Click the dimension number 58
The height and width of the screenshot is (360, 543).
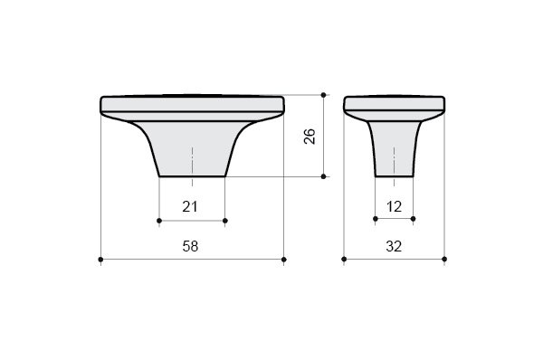tap(190, 246)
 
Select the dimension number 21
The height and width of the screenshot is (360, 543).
tap(190, 206)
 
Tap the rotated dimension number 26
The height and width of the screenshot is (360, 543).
tap(310, 136)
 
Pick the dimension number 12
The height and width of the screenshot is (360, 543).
tap(394, 206)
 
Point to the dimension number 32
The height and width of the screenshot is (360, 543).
tap(394, 246)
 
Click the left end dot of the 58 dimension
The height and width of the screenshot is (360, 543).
tap(100, 260)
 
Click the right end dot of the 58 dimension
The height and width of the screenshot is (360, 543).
tap(284, 260)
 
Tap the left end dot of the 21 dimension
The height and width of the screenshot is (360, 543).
tap(159, 221)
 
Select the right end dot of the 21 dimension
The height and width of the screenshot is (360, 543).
tap(225, 221)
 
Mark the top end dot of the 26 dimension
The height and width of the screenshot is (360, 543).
tap(323, 94)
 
